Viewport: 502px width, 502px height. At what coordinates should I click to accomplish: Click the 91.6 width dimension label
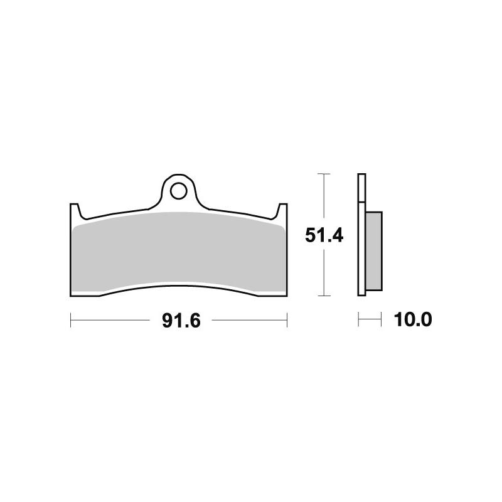tap(181, 321)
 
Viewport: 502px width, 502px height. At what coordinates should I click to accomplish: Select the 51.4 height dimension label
tap(323, 235)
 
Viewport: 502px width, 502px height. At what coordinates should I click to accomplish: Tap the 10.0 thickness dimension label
tap(414, 321)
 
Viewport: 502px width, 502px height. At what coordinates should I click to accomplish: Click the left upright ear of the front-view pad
tap(73, 210)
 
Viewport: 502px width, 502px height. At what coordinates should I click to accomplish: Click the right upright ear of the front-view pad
tap(283, 210)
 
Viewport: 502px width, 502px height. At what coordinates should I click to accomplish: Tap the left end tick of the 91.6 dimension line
tap(70, 321)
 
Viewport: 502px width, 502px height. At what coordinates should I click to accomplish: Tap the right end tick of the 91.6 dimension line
tap(287, 321)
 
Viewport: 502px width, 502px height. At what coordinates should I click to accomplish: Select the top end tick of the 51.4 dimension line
tap(323, 173)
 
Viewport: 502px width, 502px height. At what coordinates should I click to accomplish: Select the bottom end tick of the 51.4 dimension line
tap(323, 295)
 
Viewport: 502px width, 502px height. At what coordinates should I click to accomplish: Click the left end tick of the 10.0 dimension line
tap(358, 321)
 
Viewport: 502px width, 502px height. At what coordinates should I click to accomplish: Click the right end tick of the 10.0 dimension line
tap(381, 321)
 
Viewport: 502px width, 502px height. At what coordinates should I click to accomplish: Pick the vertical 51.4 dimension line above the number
tap(323, 198)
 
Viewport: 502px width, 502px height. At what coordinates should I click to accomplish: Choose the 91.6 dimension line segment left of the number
tap(113, 321)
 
